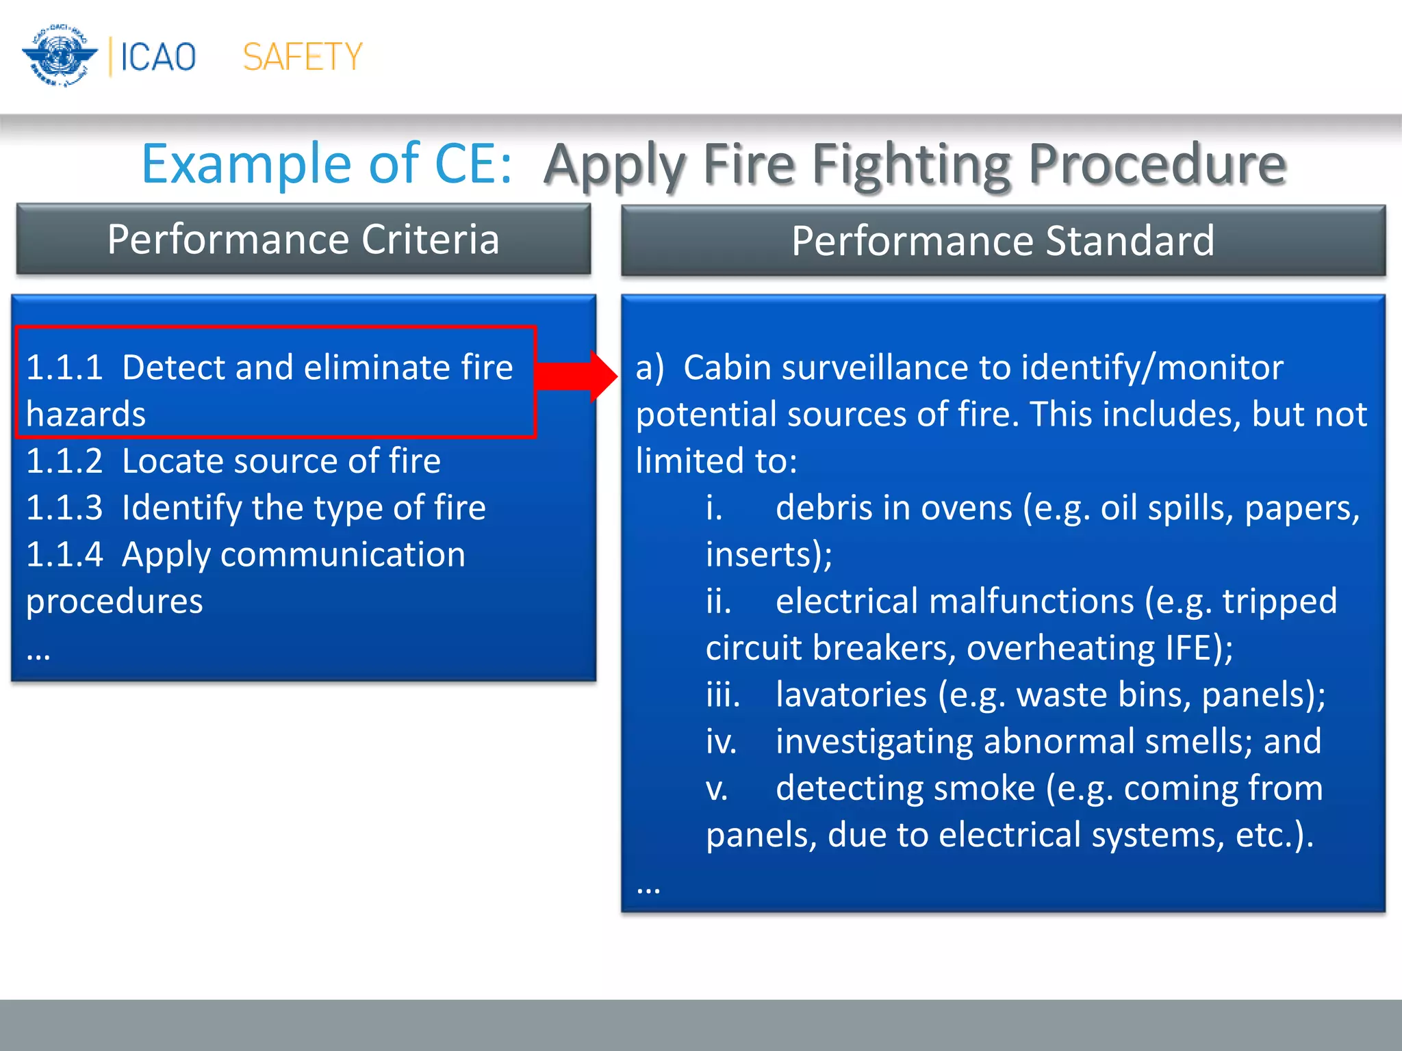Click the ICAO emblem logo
pos(60,56)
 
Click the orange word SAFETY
pos(303,57)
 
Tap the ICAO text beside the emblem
pos(158,57)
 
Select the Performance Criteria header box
pos(303,239)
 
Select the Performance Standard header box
pos(1003,241)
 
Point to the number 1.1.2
pos(64,461)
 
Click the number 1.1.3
pos(64,508)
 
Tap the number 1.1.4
pos(64,554)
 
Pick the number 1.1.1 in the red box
pos(64,367)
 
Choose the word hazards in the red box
pos(86,415)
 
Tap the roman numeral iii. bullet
pos(723,695)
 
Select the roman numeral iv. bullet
pos(721,742)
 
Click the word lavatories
pos(851,695)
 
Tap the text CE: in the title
pos(473,164)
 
